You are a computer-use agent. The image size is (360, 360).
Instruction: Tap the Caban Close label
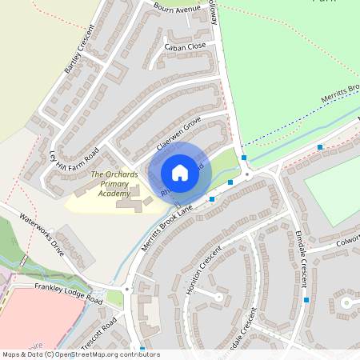coord(185,47)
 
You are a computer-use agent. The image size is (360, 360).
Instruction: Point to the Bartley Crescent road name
coord(79,50)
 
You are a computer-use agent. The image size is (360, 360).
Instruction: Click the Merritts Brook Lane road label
coord(168,228)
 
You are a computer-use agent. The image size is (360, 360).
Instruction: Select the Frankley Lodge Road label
coord(69,294)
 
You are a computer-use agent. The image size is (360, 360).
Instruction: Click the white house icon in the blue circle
coord(180,172)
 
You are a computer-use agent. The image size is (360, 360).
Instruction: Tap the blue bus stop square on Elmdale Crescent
coord(306,300)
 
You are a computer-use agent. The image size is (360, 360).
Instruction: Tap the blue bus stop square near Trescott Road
coord(142,349)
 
